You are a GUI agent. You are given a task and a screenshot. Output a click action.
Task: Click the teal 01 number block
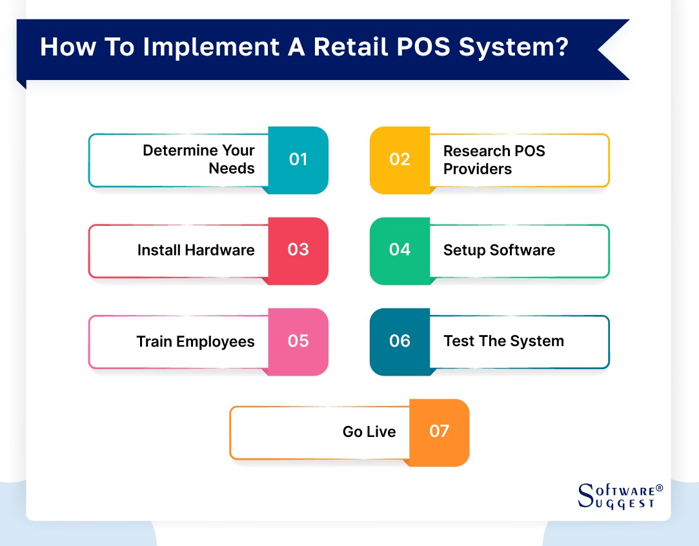tap(298, 160)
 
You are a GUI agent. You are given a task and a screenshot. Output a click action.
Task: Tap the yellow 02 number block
tap(400, 160)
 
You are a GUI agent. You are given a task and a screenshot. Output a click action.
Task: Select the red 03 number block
tap(298, 250)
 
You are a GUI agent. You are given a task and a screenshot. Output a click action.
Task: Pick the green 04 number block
tap(400, 250)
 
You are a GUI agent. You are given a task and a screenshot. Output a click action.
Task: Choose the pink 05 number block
tap(298, 341)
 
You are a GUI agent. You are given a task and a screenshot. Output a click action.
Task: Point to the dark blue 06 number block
tap(400, 341)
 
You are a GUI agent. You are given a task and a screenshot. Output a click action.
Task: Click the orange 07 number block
tap(439, 432)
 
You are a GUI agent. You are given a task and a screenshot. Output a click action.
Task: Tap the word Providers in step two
tap(477, 169)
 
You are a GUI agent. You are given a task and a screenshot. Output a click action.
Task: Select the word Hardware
tap(220, 250)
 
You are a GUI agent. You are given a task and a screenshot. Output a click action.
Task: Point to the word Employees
tap(216, 341)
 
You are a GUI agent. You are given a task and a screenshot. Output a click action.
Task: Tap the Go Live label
tap(369, 432)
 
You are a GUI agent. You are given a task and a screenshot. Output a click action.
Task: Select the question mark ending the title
tap(562, 48)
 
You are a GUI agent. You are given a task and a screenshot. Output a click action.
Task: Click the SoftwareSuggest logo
tap(616, 496)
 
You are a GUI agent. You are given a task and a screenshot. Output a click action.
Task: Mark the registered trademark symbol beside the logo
tap(659, 489)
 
